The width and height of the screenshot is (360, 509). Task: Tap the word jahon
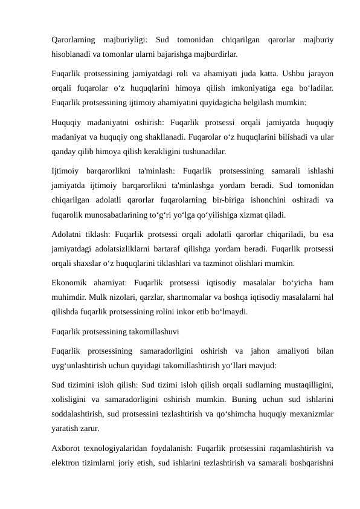tap(258, 351)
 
